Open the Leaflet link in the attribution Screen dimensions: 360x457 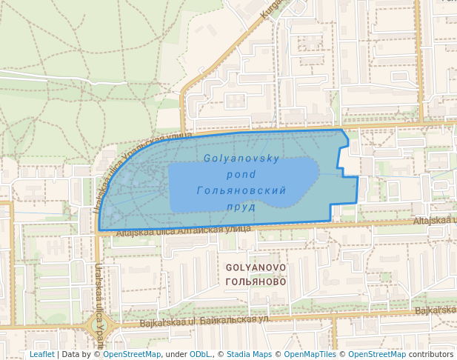tap(41, 354)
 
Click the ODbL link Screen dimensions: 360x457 tap(200, 354)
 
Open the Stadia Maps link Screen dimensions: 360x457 tap(249, 354)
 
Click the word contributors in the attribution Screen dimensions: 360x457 tap(430, 354)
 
